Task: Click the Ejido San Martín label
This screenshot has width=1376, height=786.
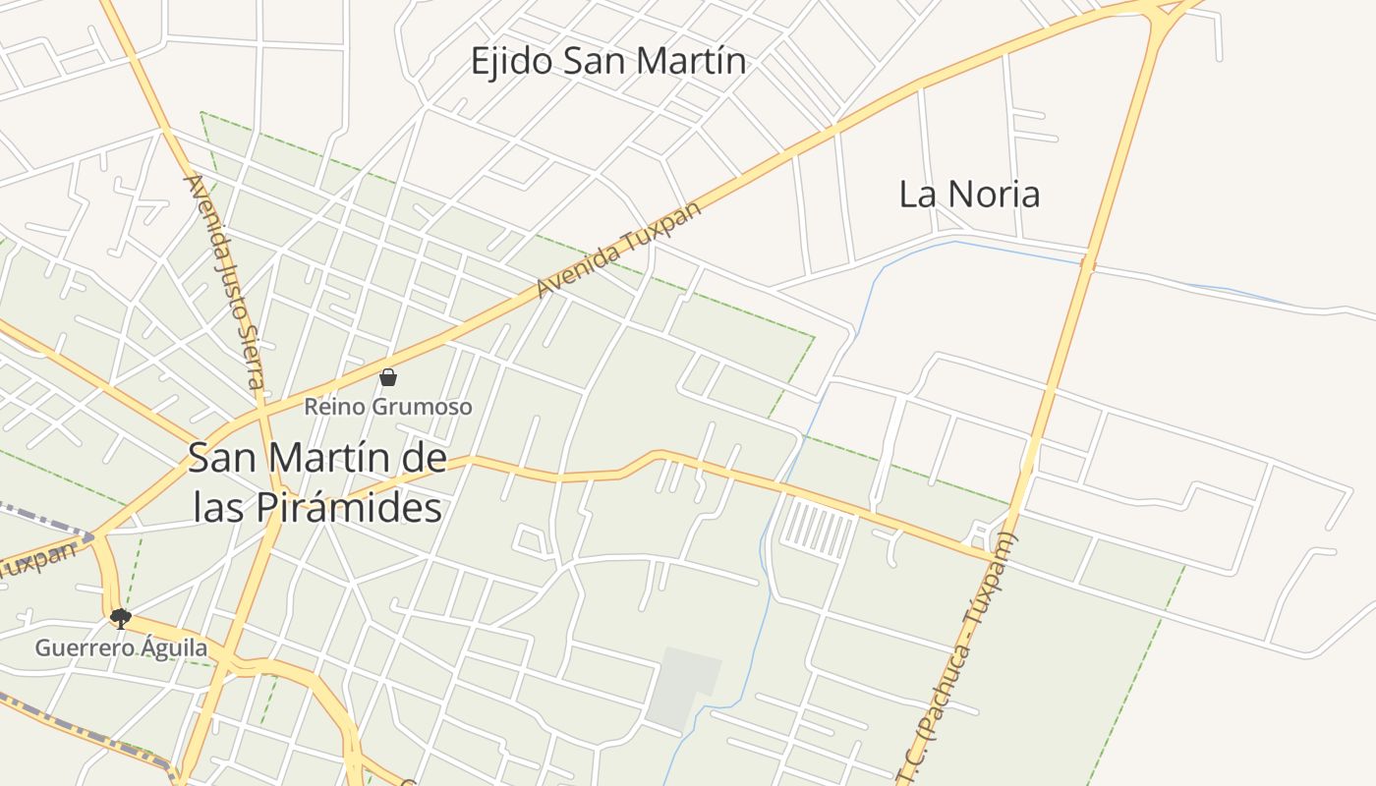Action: pos(607,62)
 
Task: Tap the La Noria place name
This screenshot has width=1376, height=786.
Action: pos(969,194)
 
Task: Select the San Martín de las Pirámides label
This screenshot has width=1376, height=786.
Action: pos(316,482)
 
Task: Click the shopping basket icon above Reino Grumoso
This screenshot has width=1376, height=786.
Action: pos(388,377)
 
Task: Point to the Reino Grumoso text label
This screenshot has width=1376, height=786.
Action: pos(388,407)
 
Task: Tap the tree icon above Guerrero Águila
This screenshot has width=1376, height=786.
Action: pos(121,618)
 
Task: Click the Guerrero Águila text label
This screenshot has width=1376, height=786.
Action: pos(122,648)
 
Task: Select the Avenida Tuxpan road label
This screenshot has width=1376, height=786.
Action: pos(619,250)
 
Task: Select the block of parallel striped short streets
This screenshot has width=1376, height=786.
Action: pos(817,529)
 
